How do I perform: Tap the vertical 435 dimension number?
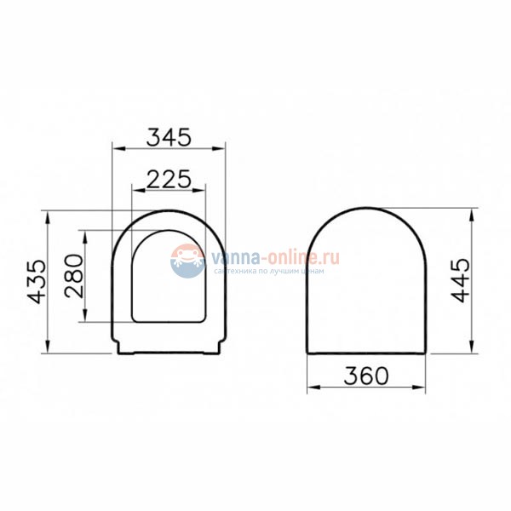36,281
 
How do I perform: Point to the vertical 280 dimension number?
75,276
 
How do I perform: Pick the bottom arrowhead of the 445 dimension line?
472,348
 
